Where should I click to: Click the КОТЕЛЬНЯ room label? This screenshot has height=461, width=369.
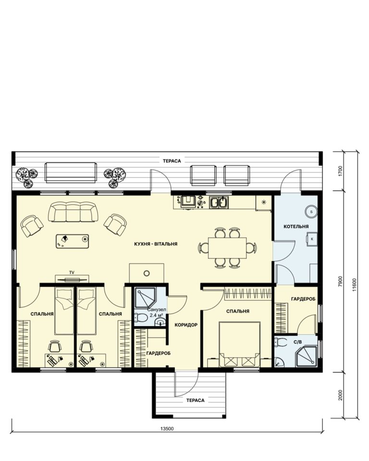coord(296,226)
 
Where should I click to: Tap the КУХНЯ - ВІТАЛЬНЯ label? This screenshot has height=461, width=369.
coord(156,244)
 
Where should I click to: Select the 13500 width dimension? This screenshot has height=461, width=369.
coord(167,428)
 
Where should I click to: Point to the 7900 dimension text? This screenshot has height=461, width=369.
coord(341,281)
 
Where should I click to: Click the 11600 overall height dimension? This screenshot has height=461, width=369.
coord(354,284)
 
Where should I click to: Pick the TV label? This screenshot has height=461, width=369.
coord(72,273)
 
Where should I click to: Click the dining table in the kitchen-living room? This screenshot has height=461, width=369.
coord(227,248)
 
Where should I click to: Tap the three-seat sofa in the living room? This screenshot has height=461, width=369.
coord(73,211)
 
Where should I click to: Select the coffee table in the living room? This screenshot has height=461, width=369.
coord(73,241)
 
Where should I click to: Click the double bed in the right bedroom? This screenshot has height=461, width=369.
coord(240,344)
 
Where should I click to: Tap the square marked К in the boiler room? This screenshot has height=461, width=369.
coord(312,239)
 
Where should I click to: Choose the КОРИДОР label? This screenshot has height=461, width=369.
coord(186,325)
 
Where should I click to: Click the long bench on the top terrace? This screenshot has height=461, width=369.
coord(71,172)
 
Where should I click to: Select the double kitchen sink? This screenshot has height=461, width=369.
coord(219,202)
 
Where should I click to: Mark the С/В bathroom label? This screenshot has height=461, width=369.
coord(298,342)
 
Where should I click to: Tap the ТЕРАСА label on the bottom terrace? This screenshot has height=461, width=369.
coord(196,400)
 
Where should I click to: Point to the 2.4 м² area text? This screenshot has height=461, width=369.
coord(157,315)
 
